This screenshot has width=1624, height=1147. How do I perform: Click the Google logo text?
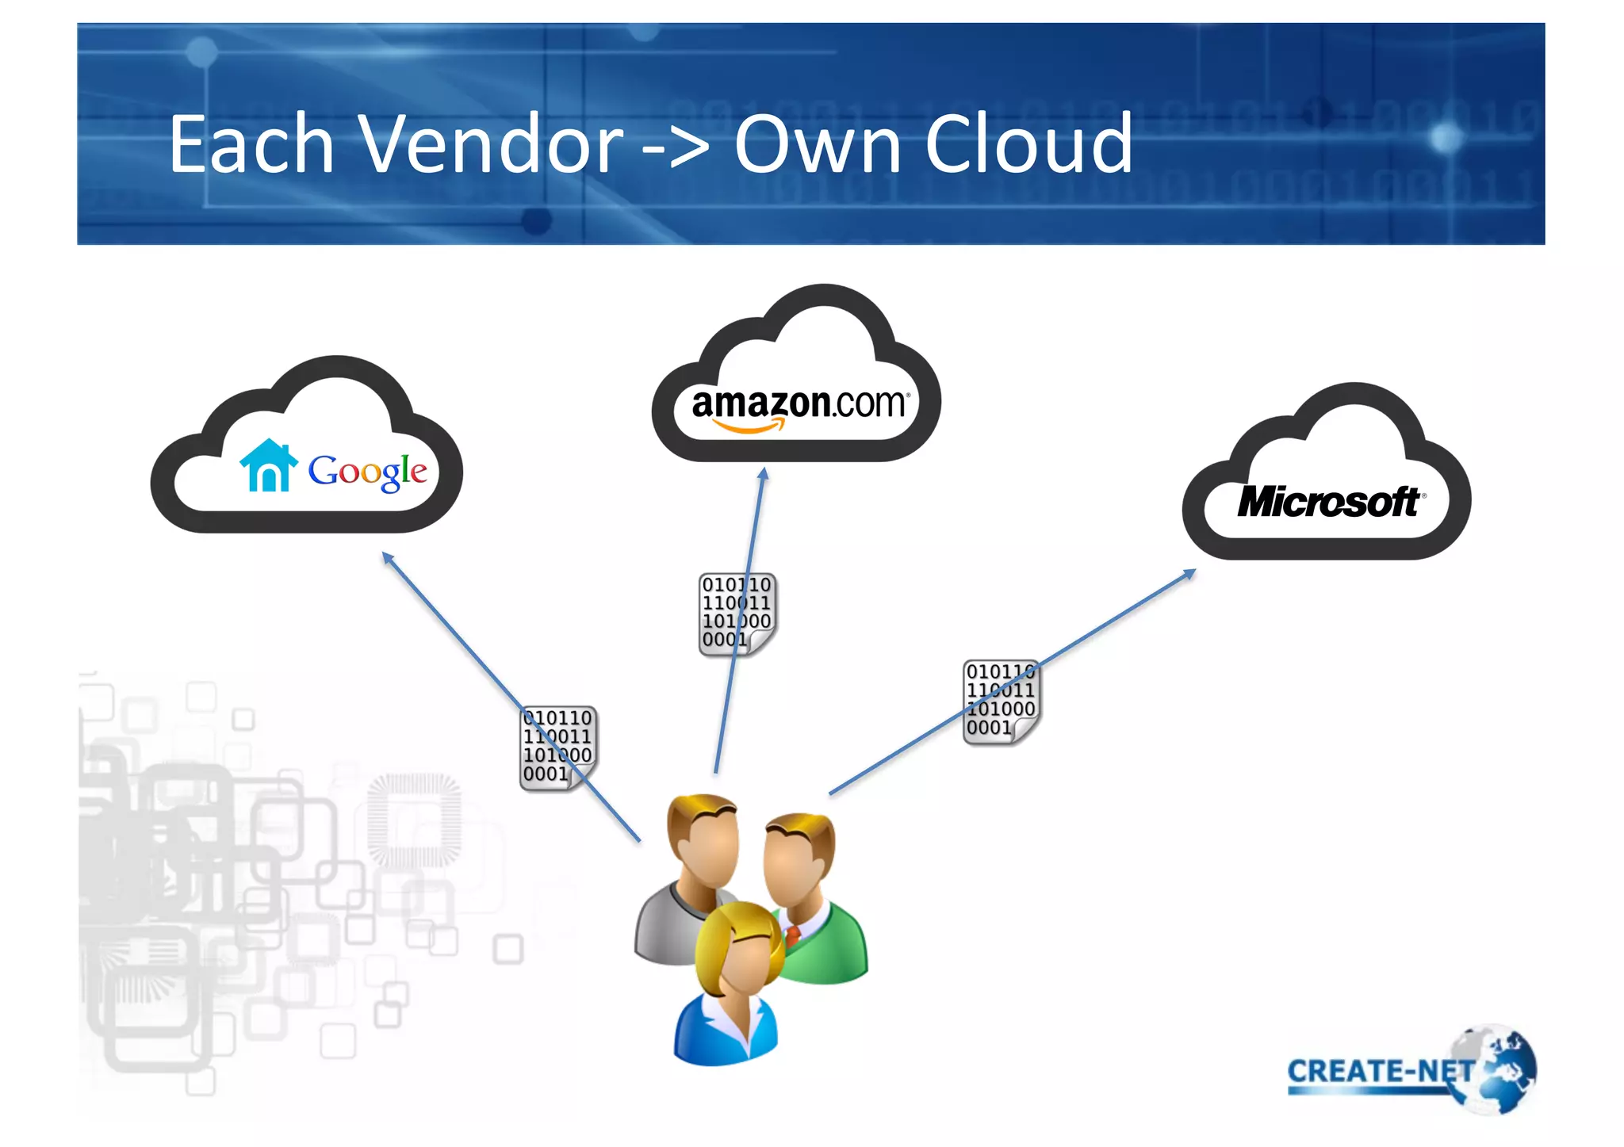[367, 471]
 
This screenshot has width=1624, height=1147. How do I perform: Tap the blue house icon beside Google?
[269, 466]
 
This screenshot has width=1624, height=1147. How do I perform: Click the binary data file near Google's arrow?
[557, 748]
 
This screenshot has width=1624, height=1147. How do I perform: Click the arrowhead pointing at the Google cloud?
[387, 557]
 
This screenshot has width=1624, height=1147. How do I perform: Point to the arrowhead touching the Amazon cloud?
[763, 474]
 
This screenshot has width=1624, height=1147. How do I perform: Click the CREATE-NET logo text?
[1380, 1072]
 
